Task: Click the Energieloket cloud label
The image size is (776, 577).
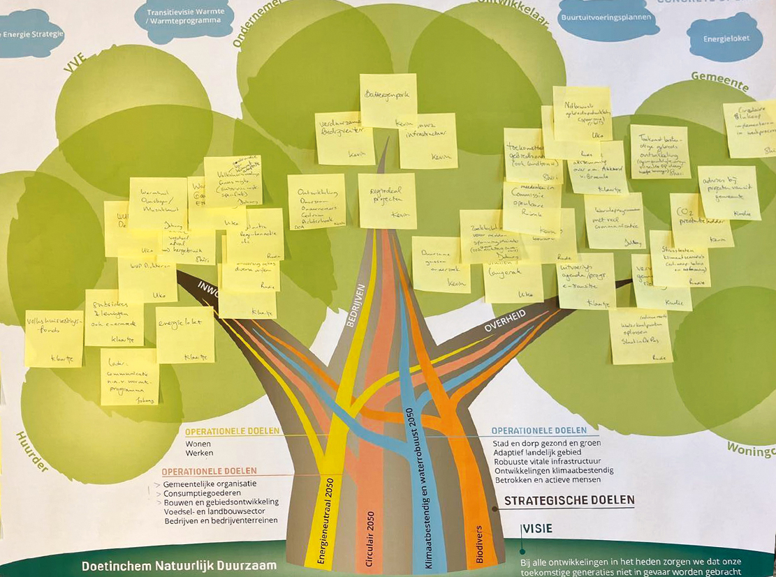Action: pyautogui.click(x=724, y=38)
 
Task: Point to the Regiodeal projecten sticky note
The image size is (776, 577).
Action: pyautogui.click(x=387, y=200)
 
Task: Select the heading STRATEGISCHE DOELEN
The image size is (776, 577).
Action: pyautogui.click(x=569, y=500)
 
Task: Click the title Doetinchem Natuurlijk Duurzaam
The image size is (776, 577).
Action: pyautogui.click(x=179, y=565)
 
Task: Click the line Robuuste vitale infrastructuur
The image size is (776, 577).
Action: pyautogui.click(x=548, y=461)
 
